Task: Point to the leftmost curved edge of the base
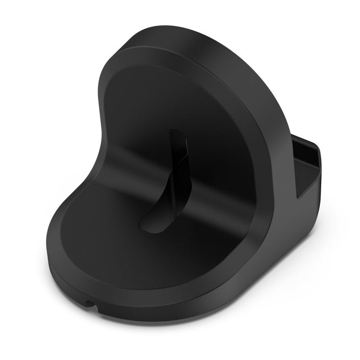click(x=48, y=250)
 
